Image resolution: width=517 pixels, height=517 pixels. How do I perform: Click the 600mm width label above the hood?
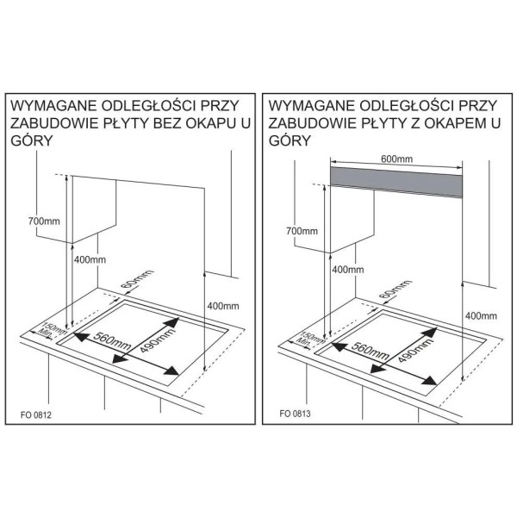(396, 159)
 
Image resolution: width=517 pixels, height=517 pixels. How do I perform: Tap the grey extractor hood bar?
(396, 182)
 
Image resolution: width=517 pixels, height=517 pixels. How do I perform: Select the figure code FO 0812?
(36, 414)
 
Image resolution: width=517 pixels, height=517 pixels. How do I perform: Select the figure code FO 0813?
(295, 414)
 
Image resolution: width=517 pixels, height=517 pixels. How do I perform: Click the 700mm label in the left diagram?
(44, 221)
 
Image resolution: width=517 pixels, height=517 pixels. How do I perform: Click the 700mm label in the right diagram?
(302, 231)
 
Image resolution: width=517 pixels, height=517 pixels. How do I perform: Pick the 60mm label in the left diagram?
(138, 278)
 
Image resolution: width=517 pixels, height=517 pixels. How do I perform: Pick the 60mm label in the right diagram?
(396, 289)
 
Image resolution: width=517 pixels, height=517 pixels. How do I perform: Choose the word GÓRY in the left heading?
(32, 140)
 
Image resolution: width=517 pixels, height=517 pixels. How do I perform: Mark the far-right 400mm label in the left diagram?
(223, 306)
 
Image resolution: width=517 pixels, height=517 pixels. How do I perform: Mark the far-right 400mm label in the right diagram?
(481, 316)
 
